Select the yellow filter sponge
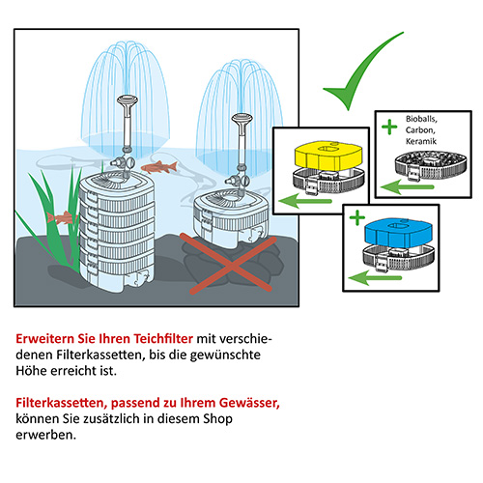pos(328,156)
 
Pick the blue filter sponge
pos(399,233)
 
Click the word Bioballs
pos(421,119)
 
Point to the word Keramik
pos(421,141)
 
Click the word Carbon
pos(420,130)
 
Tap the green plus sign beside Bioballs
pos(389,127)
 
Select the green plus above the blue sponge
pos(357,217)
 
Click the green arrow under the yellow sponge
pos(305,202)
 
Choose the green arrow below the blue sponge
pos(375,277)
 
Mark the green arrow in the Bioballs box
pos(407,186)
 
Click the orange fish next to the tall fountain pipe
pos(159,167)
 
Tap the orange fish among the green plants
pos(62,217)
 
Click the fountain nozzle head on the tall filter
pos(128,100)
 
